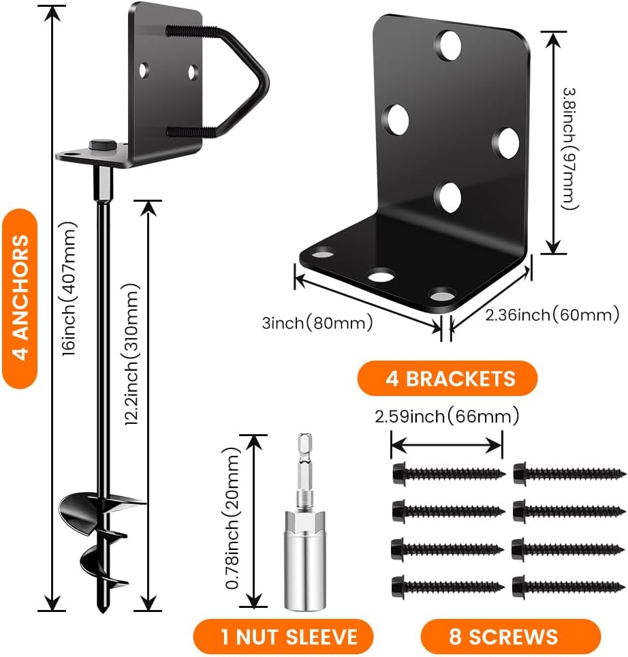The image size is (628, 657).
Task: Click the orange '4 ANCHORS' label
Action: [x=20, y=299]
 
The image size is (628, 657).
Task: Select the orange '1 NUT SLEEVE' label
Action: [x=283, y=637]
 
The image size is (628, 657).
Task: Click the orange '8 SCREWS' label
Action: [x=503, y=637]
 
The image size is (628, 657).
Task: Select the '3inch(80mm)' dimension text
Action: [x=317, y=322]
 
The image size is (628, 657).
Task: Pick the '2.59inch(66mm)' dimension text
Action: [x=446, y=416]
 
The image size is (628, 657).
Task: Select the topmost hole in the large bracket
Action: [x=449, y=44]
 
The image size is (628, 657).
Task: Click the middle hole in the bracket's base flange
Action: [x=381, y=276]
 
